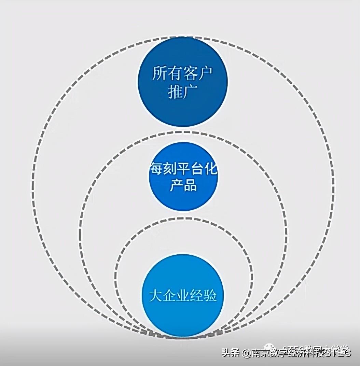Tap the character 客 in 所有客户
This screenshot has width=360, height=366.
point(190,74)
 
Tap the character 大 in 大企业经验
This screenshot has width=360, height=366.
point(155,295)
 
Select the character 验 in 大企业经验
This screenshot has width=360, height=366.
point(211,295)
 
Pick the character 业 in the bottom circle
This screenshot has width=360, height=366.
point(183,295)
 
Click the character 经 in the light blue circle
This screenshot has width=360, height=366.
point(197,295)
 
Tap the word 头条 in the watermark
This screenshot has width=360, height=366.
point(231,353)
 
